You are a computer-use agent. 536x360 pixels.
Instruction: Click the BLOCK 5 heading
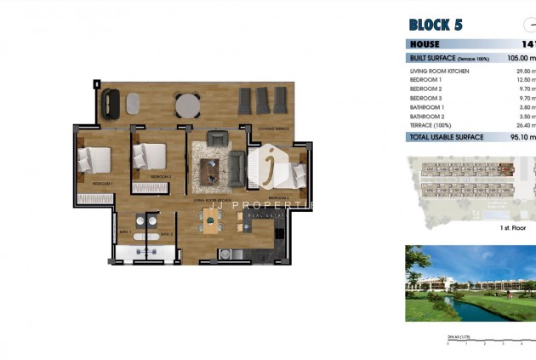(x=436, y=25)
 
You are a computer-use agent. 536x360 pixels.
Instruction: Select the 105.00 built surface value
(x=520, y=58)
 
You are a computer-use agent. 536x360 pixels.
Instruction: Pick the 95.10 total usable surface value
(x=521, y=137)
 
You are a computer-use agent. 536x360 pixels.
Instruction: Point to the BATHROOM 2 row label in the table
(x=427, y=116)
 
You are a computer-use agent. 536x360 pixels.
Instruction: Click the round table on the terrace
(x=187, y=104)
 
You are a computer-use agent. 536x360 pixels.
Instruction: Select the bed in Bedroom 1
(x=95, y=159)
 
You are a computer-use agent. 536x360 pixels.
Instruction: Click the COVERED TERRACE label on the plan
(x=273, y=129)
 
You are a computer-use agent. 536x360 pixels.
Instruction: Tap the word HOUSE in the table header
(x=425, y=44)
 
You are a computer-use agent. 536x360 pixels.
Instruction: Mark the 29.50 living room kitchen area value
(x=522, y=71)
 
